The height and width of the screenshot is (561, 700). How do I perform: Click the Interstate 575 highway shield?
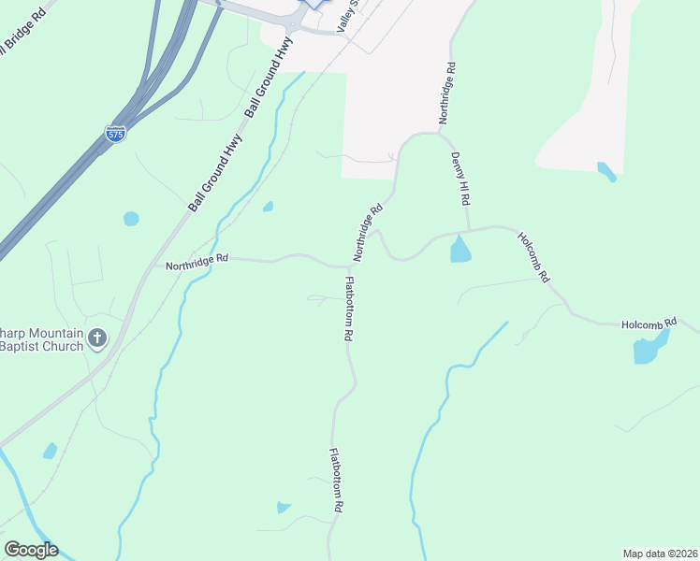tap(115, 134)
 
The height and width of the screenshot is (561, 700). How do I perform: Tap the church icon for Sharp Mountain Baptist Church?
tap(97, 338)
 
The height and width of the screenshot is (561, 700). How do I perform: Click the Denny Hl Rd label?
tap(460, 180)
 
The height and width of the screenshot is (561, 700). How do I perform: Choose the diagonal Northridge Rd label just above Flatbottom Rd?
tap(368, 234)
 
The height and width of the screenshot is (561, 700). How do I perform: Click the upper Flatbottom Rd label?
tap(349, 308)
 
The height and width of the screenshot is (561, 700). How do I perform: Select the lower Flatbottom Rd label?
tap(337, 480)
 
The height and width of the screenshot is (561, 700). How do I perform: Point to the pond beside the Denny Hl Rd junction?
tap(460, 250)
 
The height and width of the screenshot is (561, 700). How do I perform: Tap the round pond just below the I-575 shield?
tap(131, 219)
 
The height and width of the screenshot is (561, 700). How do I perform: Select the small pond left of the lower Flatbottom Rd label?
tap(284, 508)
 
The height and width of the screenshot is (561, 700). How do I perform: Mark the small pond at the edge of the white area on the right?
tap(606, 171)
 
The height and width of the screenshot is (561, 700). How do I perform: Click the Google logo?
tap(31, 550)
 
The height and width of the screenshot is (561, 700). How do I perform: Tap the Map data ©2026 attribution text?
tap(660, 553)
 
